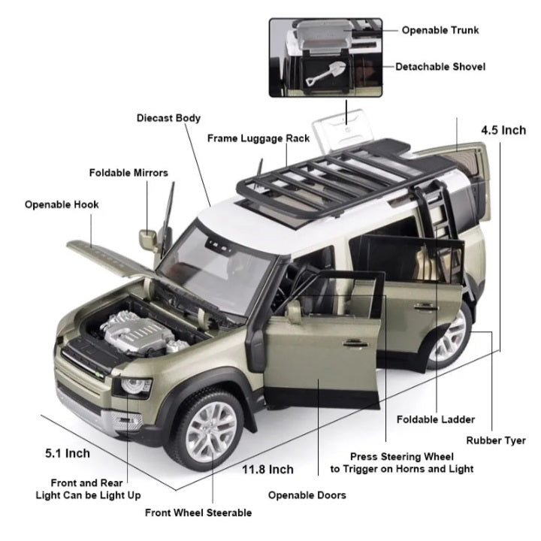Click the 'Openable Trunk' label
click(440, 30)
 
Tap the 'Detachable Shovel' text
click(440, 67)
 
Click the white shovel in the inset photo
click(325, 73)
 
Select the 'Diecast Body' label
click(168, 118)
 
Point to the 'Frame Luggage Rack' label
click(258, 138)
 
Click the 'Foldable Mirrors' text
click(128, 173)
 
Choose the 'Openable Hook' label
click(62, 204)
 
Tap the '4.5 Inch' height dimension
click(503, 131)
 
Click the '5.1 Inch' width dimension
click(68, 453)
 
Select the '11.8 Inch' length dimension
click(267, 469)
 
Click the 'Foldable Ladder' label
click(436, 419)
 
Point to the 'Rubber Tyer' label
click(496, 440)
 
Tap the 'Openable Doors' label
click(307, 495)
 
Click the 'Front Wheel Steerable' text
click(198, 512)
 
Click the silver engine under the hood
click(141, 334)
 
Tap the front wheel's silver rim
click(212, 431)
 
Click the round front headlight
click(134, 385)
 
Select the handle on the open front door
click(355, 343)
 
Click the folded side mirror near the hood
click(148, 239)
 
